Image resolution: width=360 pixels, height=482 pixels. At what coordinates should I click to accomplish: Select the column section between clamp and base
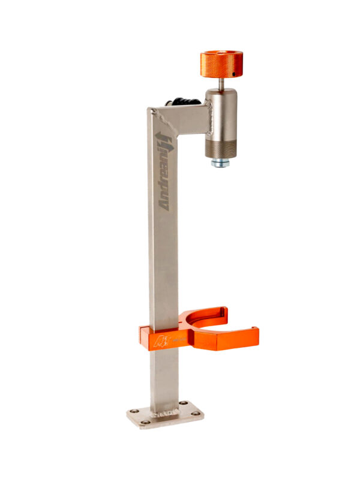tap(163, 378)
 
